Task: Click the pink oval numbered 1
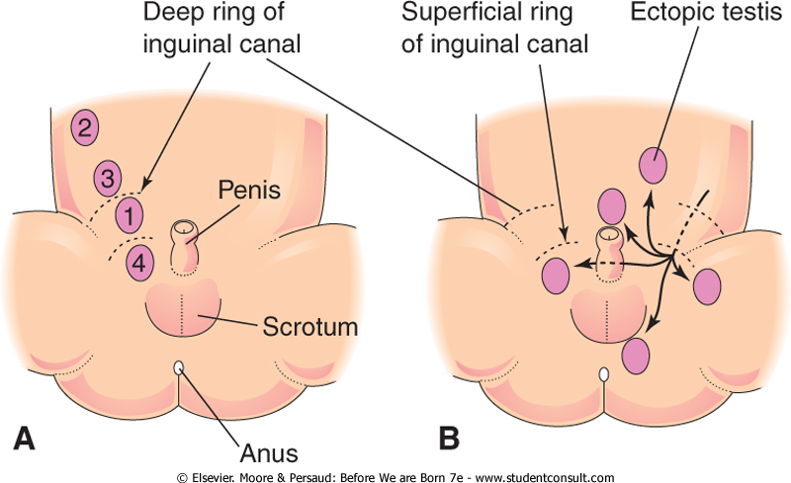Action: click(130, 212)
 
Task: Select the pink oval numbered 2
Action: click(86, 126)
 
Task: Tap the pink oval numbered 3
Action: click(108, 180)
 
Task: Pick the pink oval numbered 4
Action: click(141, 263)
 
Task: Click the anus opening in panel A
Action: click(178, 368)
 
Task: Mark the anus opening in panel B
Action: click(603, 375)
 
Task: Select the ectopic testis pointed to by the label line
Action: click(654, 164)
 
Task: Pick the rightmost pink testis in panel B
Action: click(709, 285)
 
